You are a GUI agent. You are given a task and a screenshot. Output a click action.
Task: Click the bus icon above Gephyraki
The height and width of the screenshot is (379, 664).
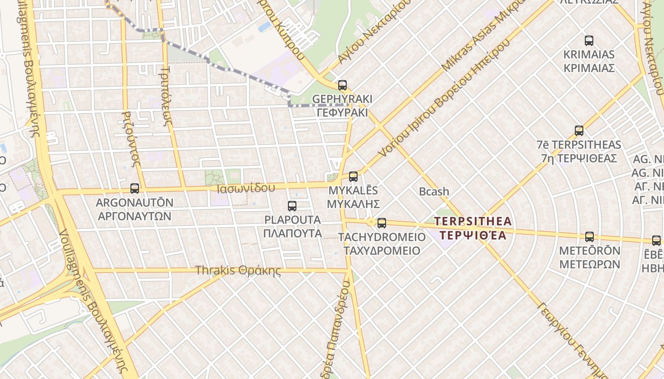tap(342, 85)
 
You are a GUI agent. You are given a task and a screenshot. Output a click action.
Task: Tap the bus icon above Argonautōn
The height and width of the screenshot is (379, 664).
tap(135, 189)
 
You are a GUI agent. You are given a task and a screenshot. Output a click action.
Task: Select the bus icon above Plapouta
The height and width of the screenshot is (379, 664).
tap(292, 206)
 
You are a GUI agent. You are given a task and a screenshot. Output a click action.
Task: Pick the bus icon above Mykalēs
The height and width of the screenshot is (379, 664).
tap(353, 177)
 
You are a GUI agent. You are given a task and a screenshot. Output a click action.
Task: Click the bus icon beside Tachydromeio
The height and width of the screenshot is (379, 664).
tap(381, 223)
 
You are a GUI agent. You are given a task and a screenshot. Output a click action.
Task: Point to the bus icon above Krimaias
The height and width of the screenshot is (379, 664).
tap(589, 41)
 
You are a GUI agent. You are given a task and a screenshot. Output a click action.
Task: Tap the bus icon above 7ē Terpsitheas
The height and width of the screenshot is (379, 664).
tap(579, 131)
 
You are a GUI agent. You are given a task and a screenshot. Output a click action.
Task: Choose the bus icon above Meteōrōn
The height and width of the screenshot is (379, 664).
tap(590, 236)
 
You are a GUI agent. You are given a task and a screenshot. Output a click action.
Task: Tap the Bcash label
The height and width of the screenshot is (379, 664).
tap(434, 191)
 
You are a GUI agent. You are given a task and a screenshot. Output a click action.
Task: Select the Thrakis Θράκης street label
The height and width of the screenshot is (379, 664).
tap(238, 271)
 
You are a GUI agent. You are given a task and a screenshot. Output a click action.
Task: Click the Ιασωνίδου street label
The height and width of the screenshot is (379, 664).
tap(246, 188)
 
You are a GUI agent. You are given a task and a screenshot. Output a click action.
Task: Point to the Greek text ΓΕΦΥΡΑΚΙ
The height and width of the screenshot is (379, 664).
tap(342, 113)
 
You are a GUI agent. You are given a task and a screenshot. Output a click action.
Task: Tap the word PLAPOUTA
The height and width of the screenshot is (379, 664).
tap(292, 220)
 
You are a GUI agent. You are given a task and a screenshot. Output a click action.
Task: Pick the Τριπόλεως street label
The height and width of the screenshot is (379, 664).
tap(171, 94)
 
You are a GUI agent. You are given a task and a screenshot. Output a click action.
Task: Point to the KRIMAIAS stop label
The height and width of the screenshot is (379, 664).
tap(589, 54)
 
